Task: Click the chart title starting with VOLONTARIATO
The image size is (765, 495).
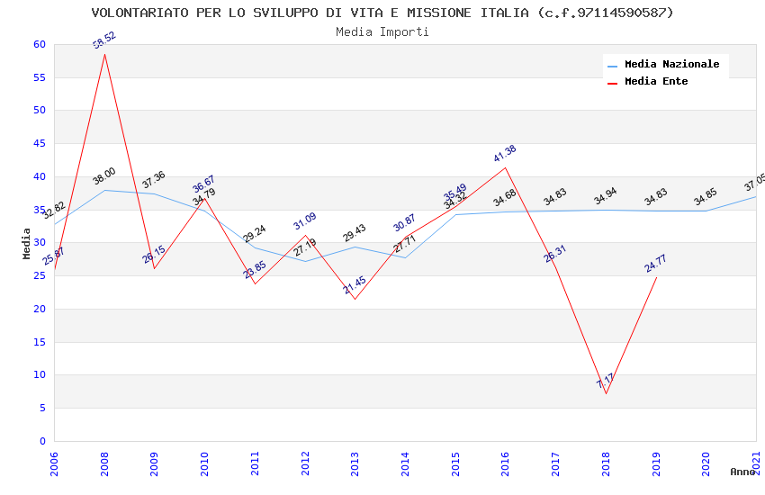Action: pos(382,13)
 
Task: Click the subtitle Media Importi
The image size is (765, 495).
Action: pos(382,31)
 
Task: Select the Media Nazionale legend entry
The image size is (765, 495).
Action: pos(671,65)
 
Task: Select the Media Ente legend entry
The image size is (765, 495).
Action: pos(656,81)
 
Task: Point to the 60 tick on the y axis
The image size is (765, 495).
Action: pos(38,44)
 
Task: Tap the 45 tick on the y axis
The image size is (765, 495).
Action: pos(38,144)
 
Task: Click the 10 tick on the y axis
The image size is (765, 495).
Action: pos(38,375)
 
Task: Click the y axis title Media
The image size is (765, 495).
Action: pos(27,243)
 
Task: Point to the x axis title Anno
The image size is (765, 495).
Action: pos(742,472)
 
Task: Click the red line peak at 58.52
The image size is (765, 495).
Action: pos(104,54)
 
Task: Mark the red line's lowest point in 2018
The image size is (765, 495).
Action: pos(606,393)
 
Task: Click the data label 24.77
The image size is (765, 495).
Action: pos(655,264)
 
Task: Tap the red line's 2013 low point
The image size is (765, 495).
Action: pos(355,299)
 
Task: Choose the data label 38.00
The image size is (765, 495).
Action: pos(103,176)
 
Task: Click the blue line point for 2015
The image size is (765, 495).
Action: pos(455,214)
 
